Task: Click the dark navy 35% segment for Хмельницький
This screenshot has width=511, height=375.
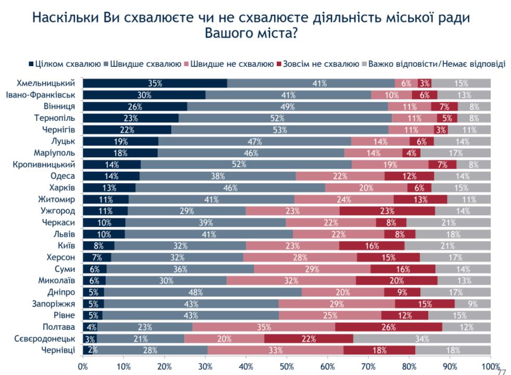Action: (x=155, y=83)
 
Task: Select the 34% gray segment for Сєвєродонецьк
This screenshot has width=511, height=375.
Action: (x=422, y=339)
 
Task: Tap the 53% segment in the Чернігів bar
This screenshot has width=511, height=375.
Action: (x=280, y=130)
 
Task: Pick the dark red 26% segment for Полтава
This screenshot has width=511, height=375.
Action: (x=389, y=327)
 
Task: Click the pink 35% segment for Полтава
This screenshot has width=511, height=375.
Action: (x=264, y=327)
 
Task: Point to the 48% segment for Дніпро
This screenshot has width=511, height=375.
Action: (x=203, y=292)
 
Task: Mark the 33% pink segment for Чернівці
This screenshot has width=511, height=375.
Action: (x=275, y=350)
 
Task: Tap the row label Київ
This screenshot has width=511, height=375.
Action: (x=66, y=246)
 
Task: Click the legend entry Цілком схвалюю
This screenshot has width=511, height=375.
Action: (x=65, y=64)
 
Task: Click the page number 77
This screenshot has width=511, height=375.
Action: (x=502, y=372)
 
